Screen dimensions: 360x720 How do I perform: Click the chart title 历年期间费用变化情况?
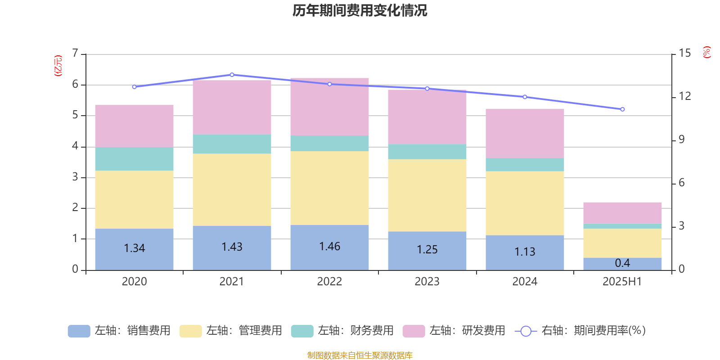coord(360,10)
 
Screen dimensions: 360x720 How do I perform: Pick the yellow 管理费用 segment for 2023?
coord(427,195)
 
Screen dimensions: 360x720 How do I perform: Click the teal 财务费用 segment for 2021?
coord(232,144)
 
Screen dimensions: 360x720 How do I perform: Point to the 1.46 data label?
coord(329,247)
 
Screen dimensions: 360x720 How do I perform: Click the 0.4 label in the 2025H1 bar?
coord(622,263)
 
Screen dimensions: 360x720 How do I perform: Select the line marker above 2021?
coord(232,75)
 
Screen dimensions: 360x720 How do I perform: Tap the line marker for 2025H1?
coord(622,109)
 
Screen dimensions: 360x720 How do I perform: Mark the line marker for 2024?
coord(525,97)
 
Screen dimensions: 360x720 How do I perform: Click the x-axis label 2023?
coord(427,282)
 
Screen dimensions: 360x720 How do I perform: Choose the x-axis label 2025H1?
coord(622,282)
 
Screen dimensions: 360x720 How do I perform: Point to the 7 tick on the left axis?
coord(76,54)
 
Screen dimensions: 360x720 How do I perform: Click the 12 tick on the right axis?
coord(685,96)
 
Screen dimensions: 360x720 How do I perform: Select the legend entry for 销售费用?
coord(119,331)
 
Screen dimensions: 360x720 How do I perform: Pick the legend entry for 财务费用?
coord(342,331)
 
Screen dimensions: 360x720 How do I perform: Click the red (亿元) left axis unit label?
coord(58,66)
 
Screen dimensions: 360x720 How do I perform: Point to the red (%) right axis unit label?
coord(707,52)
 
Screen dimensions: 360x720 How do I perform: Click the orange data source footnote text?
coord(360,355)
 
